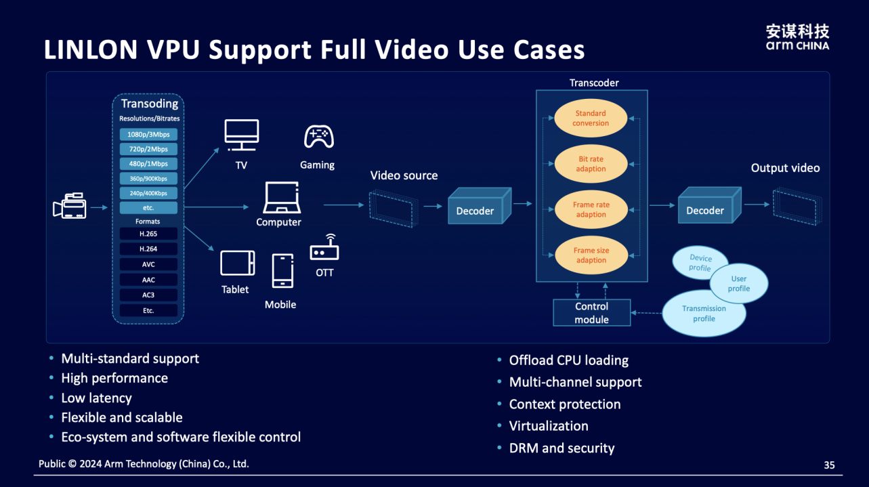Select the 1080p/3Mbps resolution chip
[148, 134]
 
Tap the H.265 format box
[148, 234]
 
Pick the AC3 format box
[148, 295]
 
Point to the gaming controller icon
[318, 137]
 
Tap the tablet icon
[237, 263]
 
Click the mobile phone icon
[282, 271]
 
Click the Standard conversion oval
[591, 119]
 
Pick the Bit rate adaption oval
[591, 164]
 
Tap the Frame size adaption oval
[591, 255]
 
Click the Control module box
[591, 313]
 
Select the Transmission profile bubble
[703, 313]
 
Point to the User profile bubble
[739, 283]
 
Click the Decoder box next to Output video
[705, 211]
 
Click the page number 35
[829, 465]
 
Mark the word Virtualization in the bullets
[549, 426]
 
